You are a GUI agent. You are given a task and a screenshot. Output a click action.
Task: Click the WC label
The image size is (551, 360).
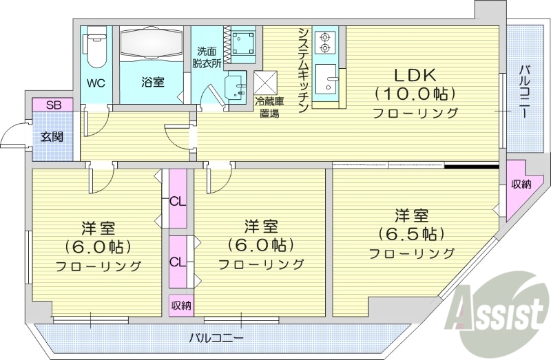95,83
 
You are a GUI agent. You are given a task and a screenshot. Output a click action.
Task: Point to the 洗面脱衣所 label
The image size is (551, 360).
207,57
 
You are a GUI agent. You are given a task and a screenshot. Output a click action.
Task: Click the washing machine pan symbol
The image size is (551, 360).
242,42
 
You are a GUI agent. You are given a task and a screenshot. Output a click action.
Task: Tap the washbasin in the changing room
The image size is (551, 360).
236,86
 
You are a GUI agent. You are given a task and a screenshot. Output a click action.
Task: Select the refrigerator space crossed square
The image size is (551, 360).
265,83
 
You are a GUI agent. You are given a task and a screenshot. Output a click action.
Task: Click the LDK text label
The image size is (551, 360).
415,74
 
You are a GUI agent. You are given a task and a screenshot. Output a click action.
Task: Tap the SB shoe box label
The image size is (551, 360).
52,105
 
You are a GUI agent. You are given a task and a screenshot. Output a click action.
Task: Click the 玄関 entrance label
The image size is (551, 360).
52,136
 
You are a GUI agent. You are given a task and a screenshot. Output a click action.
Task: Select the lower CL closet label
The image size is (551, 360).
178,262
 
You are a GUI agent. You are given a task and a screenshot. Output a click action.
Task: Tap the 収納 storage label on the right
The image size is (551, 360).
521,184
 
